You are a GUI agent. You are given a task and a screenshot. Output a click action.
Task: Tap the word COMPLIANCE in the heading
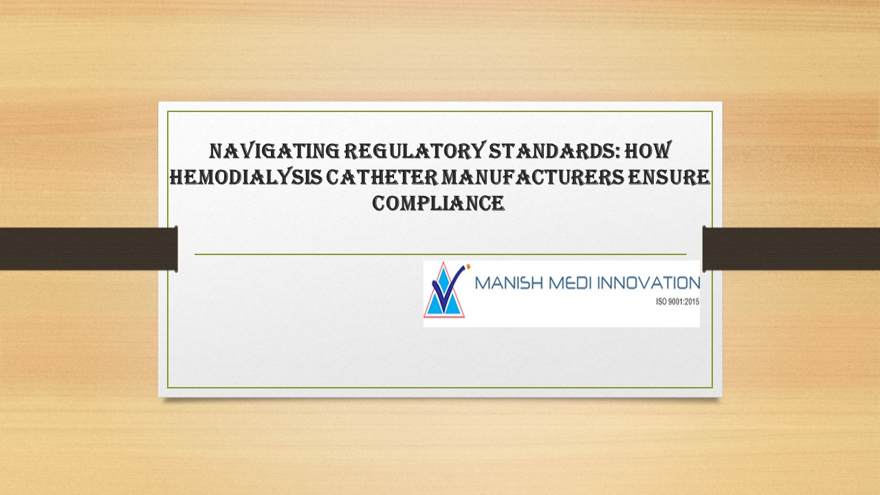(x=439, y=203)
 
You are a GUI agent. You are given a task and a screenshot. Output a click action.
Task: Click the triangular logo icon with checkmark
(x=444, y=291)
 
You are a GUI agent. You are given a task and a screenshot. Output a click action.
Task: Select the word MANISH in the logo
(x=507, y=283)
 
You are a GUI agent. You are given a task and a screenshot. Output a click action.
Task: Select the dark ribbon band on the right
(x=791, y=248)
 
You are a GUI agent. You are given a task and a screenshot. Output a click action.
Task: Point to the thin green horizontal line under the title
(x=440, y=254)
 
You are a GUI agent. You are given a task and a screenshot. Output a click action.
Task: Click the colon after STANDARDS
(x=621, y=151)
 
